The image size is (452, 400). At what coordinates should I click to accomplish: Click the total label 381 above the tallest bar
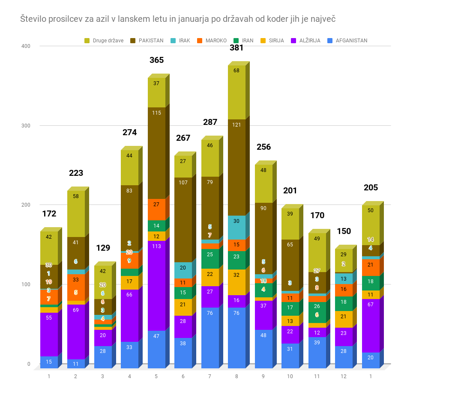236,48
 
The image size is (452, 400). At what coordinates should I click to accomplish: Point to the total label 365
156,60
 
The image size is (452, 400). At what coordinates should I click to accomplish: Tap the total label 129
103,248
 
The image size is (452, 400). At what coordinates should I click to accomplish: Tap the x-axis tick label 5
156,376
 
